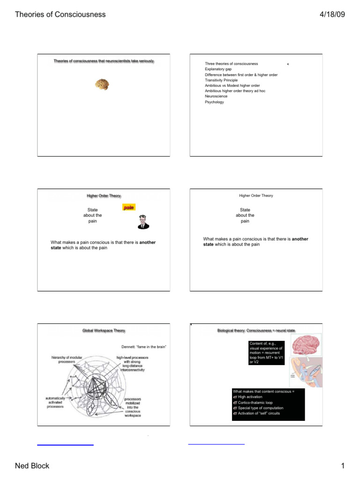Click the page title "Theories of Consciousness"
pos(60,14)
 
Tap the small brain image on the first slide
pos(102,84)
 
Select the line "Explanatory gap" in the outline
pos(218,69)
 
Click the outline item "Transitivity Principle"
pos(221,80)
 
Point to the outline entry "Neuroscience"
pos(216,96)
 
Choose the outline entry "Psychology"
pos(214,102)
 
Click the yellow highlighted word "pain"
pos(129,207)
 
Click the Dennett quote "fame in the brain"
pos(144,347)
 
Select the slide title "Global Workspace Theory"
pos(104,330)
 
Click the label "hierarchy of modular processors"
pos(67,360)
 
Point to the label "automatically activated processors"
pos(55,402)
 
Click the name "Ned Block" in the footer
pos(32,465)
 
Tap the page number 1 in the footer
pos(343,465)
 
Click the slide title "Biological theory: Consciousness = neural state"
pos(256,330)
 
